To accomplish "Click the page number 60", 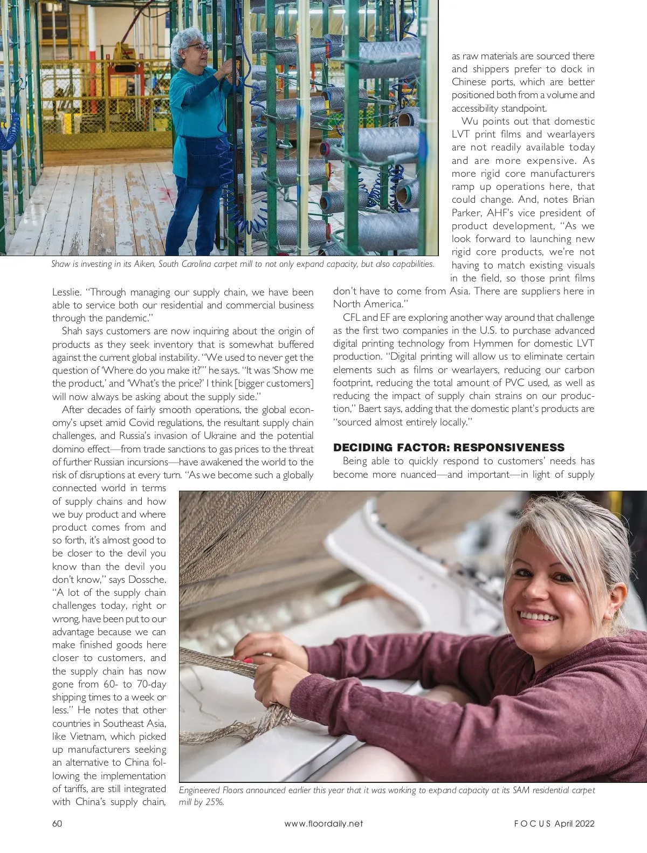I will pyautogui.click(x=58, y=823).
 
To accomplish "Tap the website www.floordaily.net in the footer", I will pyautogui.click(x=323, y=823).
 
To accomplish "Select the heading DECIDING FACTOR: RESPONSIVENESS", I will pyautogui.click(x=449, y=448).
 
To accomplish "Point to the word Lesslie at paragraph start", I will pyautogui.click(x=66, y=292).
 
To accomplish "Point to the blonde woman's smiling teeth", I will pyautogui.click(x=534, y=614).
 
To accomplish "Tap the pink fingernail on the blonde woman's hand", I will pyautogui.click(x=247, y=660).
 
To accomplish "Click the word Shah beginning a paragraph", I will pyautogui.click(x=72, y=331).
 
